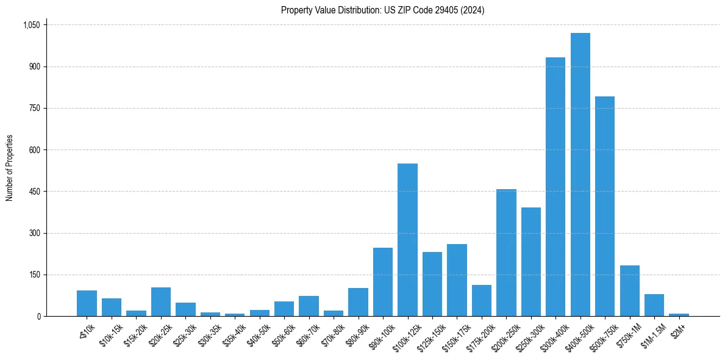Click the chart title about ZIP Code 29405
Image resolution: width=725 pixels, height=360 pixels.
[382, 10]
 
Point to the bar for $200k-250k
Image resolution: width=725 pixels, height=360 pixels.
[506, 253]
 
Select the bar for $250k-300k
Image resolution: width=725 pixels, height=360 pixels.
[530, 262]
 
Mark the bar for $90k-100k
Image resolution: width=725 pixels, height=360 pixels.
[382, 282]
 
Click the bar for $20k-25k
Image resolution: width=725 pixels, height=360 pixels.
[160, 301]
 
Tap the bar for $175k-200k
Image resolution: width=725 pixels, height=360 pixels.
[481, 300]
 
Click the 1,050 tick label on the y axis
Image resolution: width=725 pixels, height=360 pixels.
[31, 25]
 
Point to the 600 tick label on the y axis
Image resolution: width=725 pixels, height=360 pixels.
[34, 150]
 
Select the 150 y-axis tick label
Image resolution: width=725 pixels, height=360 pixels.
[34, 275]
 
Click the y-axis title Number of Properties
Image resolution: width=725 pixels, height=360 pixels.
[10, 167]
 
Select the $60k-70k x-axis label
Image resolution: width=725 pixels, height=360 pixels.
[306, 334]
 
